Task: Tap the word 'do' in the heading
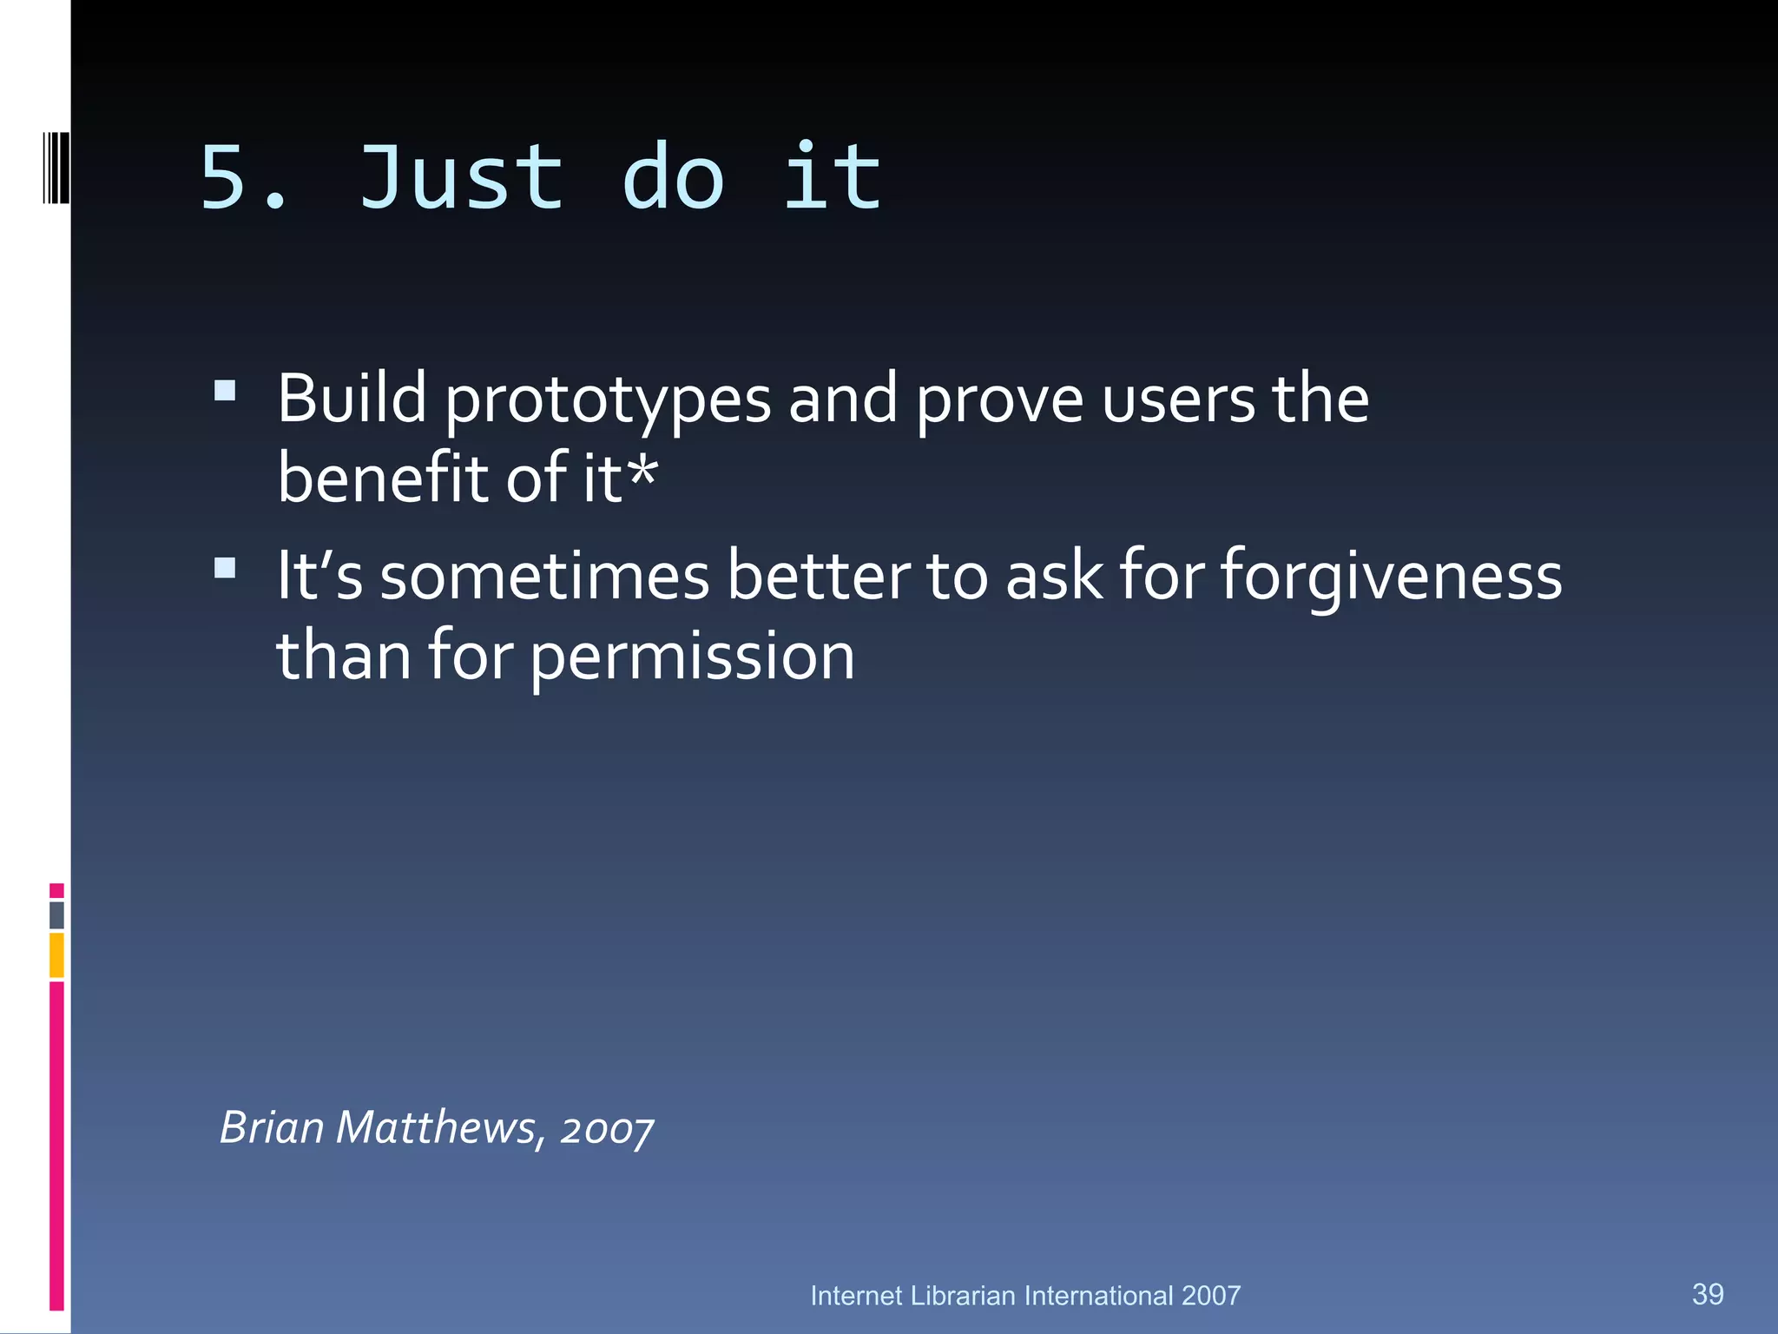point(673,178)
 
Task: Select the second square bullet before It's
point(225,568)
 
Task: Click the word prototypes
point(608,401)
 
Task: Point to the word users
point(1178,401)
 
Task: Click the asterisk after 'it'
point(642,473)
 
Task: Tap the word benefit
point(382,479)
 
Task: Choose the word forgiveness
point(1391,577)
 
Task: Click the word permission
point(692,657)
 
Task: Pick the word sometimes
point(544,577)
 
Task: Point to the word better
point(819,577)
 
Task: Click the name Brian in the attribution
point(272,1127)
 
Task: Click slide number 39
point(1707,1294)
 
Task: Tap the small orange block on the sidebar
point(56,954)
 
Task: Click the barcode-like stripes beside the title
point(56,168)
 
